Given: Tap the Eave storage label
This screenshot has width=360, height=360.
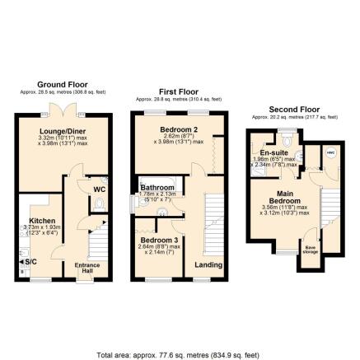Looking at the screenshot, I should [310, 250].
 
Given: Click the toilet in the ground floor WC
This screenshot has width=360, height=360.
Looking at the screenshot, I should [99, 203].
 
